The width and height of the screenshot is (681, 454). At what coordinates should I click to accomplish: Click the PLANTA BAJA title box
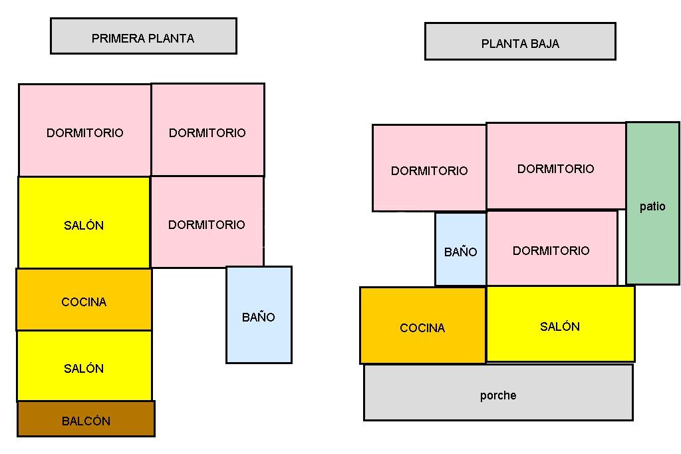(x=520, y=41)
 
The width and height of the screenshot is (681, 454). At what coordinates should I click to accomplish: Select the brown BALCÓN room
(x=86, y=419)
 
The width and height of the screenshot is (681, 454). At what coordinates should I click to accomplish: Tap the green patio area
(x=652, y=203)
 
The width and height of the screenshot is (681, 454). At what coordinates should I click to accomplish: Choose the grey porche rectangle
(x=498, y=392)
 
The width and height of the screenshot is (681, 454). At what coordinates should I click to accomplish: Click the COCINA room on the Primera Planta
(x=84, y=300)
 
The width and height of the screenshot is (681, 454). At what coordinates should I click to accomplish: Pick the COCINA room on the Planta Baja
(x=422, y=326)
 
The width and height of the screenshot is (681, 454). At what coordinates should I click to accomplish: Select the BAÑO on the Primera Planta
(x=259, y=315)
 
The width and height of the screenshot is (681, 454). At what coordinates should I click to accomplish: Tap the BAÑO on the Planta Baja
(x=460, y=250)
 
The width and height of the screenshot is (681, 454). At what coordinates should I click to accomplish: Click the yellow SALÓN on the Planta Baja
(x=560, y=324)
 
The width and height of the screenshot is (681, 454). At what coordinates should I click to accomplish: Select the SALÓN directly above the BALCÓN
(x=84, y=366)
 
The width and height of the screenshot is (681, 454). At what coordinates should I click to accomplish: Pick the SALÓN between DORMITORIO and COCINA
(x=84, y=223)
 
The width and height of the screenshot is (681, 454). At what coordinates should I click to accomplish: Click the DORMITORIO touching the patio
(x=556, y=166)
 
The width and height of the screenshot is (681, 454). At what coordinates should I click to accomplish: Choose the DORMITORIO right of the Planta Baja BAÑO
(x=551, y=248)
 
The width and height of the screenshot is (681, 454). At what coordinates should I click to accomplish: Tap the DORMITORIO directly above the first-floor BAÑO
(x=207, y=222)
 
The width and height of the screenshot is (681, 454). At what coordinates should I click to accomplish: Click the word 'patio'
(x=652, y=206)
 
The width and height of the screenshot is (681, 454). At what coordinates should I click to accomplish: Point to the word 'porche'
(x=498, y=395)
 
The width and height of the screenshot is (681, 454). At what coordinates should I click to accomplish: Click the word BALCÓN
(x=86, y=421)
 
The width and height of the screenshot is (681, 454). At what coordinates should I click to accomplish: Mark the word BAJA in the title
(x=545, y=44)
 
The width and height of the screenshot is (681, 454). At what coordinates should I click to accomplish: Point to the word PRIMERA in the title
(x=116, y=39)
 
